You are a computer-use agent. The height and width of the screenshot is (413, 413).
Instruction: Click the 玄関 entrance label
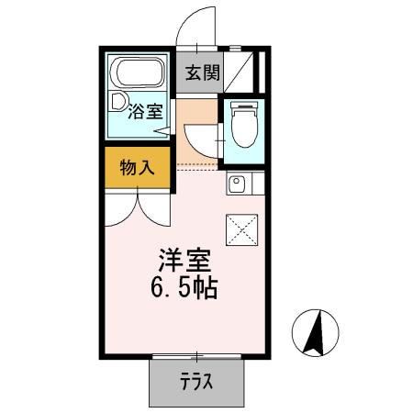pos(202,73)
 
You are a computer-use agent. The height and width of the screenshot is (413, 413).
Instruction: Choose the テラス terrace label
pos(196,380)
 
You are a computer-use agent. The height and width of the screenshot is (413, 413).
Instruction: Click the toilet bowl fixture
pos(244,125)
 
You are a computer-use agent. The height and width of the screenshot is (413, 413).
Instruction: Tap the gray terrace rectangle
pos(196,380)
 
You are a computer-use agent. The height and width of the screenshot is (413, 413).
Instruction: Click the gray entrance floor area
pos(202,73)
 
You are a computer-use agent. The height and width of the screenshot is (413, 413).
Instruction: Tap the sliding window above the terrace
pos(196,356)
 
